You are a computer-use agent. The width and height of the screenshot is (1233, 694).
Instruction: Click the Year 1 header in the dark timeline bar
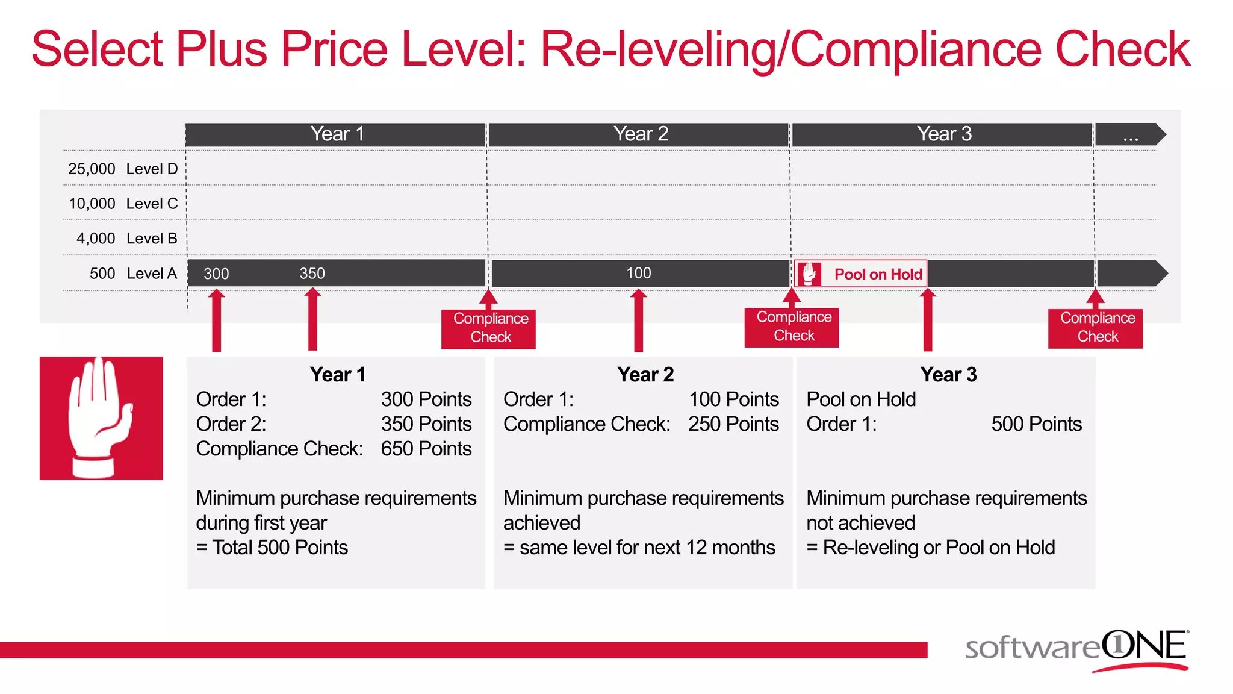point(337,134)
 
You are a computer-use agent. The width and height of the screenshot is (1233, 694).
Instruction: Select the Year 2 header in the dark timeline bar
point(641,134)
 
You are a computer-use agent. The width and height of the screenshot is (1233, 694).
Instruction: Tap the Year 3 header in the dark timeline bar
point(944,134)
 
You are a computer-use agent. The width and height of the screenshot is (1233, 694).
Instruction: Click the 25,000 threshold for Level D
point(92,169)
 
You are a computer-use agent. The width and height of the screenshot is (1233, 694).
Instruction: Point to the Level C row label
point(152,204)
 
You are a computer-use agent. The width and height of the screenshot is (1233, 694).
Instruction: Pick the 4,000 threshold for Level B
point(96,239)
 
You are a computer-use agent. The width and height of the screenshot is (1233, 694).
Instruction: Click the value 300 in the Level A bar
point(216,274)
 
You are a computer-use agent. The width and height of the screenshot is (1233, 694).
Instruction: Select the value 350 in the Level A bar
point(312,274)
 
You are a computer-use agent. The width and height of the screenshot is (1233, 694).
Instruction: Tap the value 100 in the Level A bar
point(638,273)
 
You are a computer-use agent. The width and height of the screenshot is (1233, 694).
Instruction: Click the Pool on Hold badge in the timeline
point(861,274)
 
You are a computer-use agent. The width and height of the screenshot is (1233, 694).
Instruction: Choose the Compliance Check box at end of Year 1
point(491,328)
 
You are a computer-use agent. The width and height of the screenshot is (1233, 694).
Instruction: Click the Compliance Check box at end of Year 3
point(1098,327)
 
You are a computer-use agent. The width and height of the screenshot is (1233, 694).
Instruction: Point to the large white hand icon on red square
point(101,418)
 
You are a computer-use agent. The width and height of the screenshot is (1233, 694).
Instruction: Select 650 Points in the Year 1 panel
point(426,449)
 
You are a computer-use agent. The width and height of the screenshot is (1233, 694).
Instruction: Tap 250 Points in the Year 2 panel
point(733,424)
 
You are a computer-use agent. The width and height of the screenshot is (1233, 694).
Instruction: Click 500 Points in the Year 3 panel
point(1036,424)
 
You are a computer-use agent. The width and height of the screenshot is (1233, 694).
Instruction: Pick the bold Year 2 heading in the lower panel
point(645,375)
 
